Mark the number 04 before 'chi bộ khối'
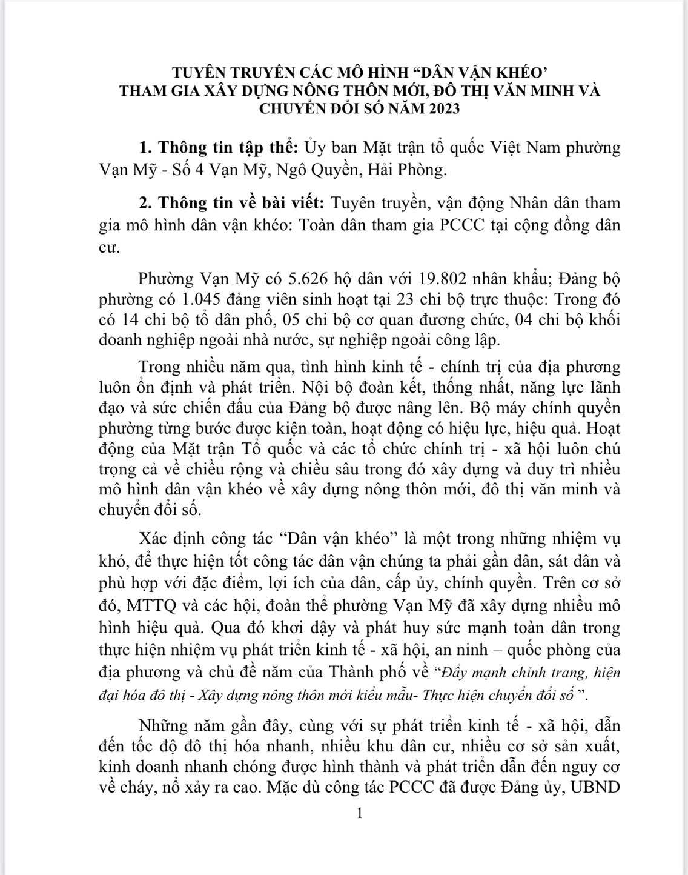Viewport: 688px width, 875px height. pyautogui.click(x=523, y=319)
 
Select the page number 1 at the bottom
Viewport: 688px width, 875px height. pyautogui.click(x=360, y=813)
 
